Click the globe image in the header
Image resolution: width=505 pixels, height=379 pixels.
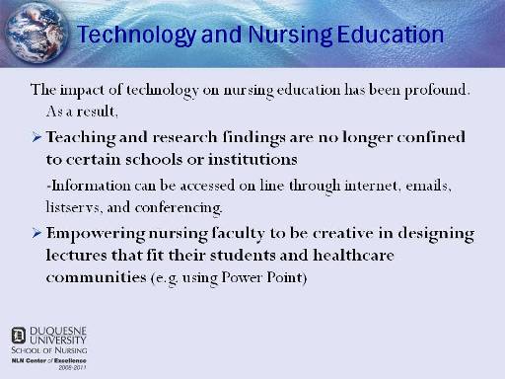36,33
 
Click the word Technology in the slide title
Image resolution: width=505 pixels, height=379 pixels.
137,35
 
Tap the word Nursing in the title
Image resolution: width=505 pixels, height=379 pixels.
290,35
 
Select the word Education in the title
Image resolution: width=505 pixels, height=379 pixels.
391,35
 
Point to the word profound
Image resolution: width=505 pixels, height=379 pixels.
436,90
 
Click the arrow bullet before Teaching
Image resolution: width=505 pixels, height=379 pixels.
36,137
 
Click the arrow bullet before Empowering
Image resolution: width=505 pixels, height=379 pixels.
36,233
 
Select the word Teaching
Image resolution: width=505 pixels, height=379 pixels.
81,138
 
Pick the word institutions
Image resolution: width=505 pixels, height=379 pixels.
252,159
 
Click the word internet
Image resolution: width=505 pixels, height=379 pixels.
371,186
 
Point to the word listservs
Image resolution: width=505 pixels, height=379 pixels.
73,207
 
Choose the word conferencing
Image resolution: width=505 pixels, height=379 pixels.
179,208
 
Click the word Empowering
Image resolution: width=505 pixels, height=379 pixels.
96,234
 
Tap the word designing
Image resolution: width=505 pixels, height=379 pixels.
436,234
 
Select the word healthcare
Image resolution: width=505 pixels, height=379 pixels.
353,255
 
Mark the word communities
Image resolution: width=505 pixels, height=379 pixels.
96,277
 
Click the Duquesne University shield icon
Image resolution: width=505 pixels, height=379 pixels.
19,336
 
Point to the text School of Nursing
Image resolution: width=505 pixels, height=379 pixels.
49,350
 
